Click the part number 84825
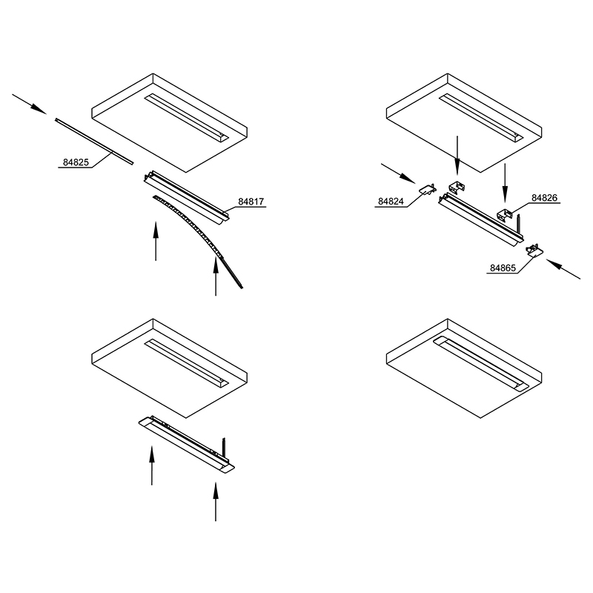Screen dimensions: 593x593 76,162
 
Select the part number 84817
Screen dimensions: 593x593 251,202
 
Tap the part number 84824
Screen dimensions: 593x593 391,202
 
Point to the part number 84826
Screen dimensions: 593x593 545,198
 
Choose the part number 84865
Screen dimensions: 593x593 503,268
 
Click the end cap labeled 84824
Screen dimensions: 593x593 428,190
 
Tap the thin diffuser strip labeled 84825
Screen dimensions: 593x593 95,142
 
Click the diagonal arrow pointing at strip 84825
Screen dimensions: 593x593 29,104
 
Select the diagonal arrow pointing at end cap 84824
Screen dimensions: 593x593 398,173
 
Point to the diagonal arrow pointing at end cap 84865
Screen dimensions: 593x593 563,269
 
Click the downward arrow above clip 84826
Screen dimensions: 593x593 505,183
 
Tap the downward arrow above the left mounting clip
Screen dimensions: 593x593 457,156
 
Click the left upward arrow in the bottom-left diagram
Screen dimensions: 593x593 152,466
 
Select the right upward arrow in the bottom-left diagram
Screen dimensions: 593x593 216,502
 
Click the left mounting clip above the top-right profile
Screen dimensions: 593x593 457,188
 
